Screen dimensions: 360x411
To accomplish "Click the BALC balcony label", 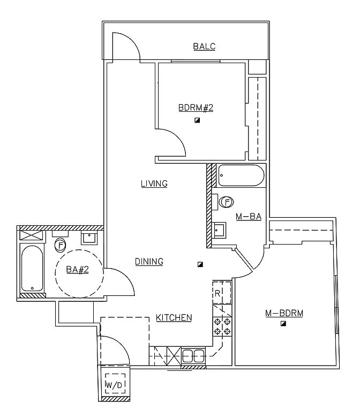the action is (204, 47).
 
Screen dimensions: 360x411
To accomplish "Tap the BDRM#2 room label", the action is (196, 108).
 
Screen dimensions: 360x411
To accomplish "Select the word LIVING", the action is (154, 184).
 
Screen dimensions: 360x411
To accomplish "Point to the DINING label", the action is (149, 262).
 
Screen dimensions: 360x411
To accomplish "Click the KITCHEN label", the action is (174, 318).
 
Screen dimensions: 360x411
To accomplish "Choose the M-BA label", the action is (248, 217).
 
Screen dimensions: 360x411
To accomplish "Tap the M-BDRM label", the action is (284, 313).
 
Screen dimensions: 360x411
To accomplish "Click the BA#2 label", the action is (77, 270).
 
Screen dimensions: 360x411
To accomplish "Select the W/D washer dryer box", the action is (114, 384).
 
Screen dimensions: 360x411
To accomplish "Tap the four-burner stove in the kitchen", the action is (222, 326).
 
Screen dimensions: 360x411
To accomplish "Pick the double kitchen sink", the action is (193, 355).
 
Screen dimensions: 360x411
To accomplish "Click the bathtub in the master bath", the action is (242, 176).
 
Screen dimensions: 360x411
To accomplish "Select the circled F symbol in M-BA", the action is (227, 202).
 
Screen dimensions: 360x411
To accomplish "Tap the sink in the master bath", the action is (220, 231).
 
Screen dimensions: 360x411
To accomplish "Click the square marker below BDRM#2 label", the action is (197, 120).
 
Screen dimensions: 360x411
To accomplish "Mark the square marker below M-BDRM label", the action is (283, 324).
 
